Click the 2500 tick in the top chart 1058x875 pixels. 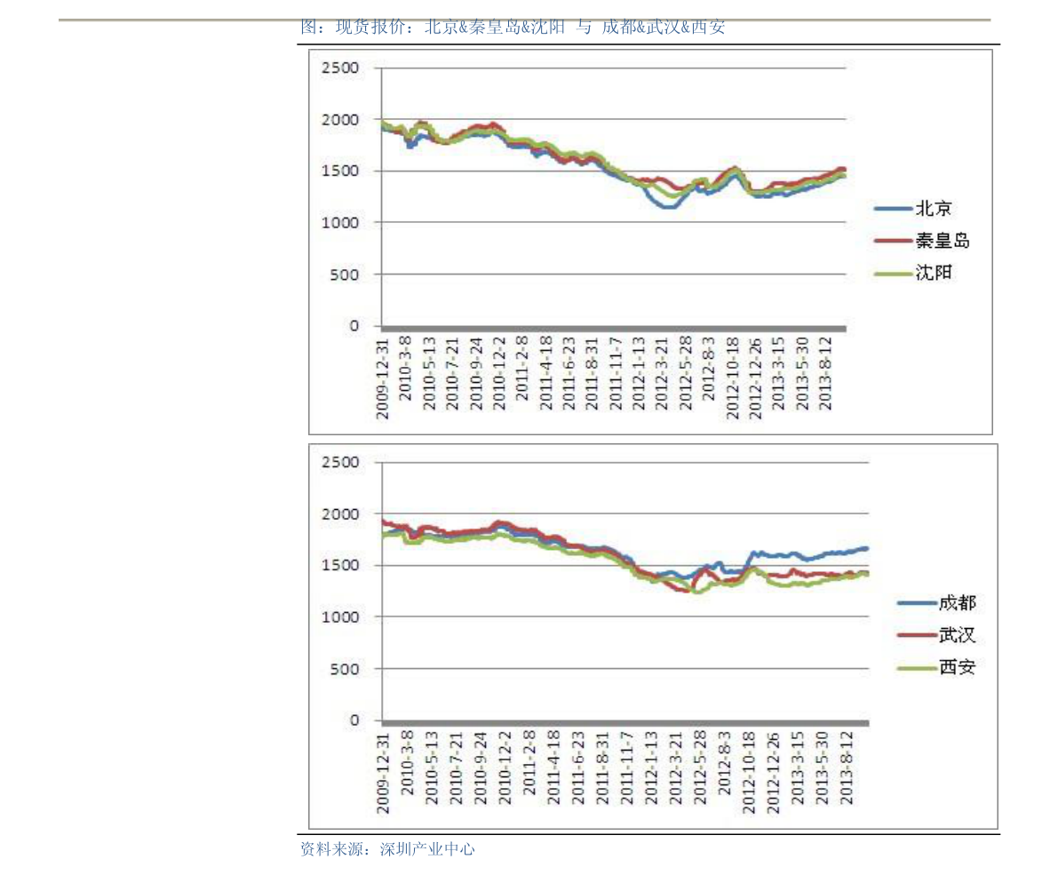(341, 68)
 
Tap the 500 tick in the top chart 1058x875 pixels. (346, 274)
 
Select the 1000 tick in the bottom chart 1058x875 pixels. (341, 616)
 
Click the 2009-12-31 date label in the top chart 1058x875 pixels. (383, 377)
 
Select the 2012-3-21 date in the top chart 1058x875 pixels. (661, 374)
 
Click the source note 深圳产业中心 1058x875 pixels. (427, 849)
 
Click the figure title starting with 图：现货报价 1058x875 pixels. (513, 27)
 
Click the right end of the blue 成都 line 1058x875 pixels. (865, 548)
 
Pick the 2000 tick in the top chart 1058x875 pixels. (341, 119)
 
